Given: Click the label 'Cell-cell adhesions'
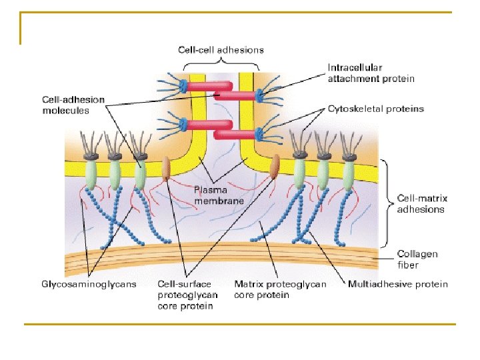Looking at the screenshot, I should pyautogui.click(x=221, y=49).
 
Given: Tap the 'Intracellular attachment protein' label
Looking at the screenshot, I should pyautogui.click(x=371, y=73).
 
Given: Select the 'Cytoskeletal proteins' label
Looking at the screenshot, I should pyautogui.click(x=375, y=108).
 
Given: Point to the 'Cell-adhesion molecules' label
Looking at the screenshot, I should pyautogui.click(x=73, y=105).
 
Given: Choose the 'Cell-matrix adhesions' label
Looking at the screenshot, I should pyautogui.click(x=422, y=203).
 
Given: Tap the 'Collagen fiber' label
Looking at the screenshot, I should pyautogui.click(x=417, y=259).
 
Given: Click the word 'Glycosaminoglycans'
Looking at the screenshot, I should pyautogui.click(x=89, y=284).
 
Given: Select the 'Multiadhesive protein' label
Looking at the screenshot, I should pyautogui.click(x=398, y=284).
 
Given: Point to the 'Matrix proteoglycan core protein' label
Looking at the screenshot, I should pyautogui.click(x=280, y=289).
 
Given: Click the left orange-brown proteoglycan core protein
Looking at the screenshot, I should pyautogui.click(x=166, y=169).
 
